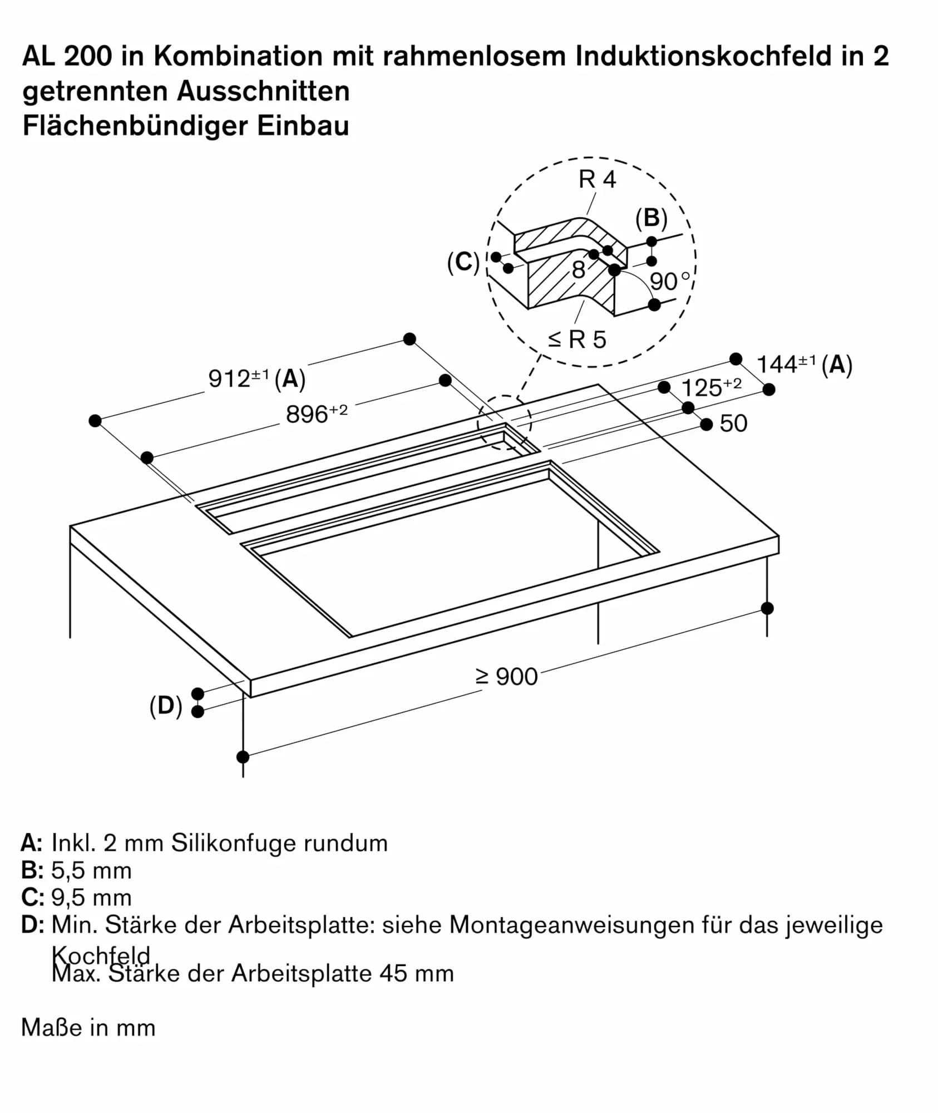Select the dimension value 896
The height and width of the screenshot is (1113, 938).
307,415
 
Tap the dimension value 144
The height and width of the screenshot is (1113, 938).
777,365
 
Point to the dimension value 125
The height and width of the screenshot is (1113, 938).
701,388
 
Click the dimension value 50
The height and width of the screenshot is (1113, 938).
733,424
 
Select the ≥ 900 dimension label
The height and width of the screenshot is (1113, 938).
506,677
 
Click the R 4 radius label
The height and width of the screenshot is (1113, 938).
597,180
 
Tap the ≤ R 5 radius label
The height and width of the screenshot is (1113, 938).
577,339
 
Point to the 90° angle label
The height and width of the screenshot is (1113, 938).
669,282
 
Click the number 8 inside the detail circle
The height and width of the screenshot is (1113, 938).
579,270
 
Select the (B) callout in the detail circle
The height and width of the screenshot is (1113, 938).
651,218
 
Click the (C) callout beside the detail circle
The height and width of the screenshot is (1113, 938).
463,262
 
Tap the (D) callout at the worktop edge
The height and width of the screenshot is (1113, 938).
166,706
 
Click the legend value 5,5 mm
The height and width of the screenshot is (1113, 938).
91,870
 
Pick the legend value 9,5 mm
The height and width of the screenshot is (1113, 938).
91,898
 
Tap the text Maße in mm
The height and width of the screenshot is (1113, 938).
88,1027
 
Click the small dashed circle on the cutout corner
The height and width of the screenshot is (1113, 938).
504,423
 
